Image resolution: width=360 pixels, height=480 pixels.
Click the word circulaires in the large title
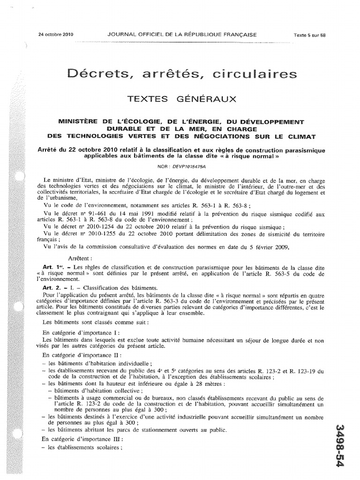[260, 74]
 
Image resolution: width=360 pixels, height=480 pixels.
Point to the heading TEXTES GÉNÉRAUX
[182, 99]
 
